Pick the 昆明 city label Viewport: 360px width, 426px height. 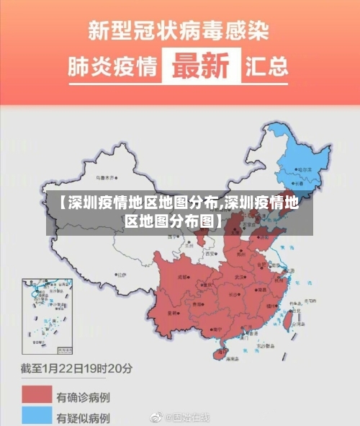174,314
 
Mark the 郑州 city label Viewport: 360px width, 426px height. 240,254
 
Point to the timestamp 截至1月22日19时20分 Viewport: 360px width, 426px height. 76,368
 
